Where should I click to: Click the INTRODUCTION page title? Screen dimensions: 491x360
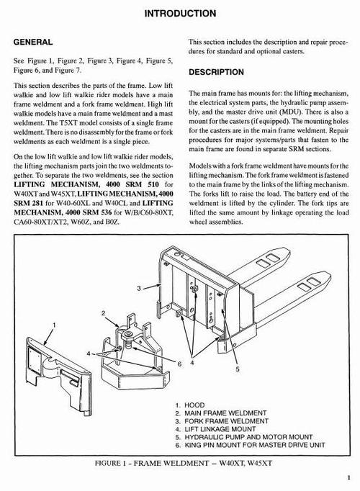pos(179,13)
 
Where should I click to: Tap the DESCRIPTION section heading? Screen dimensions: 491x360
pos(220,73)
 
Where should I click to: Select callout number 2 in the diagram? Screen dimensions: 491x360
pos(104,315)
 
